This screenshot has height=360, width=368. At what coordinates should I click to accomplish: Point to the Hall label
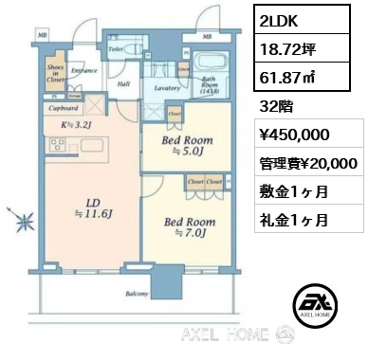[124, 83]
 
